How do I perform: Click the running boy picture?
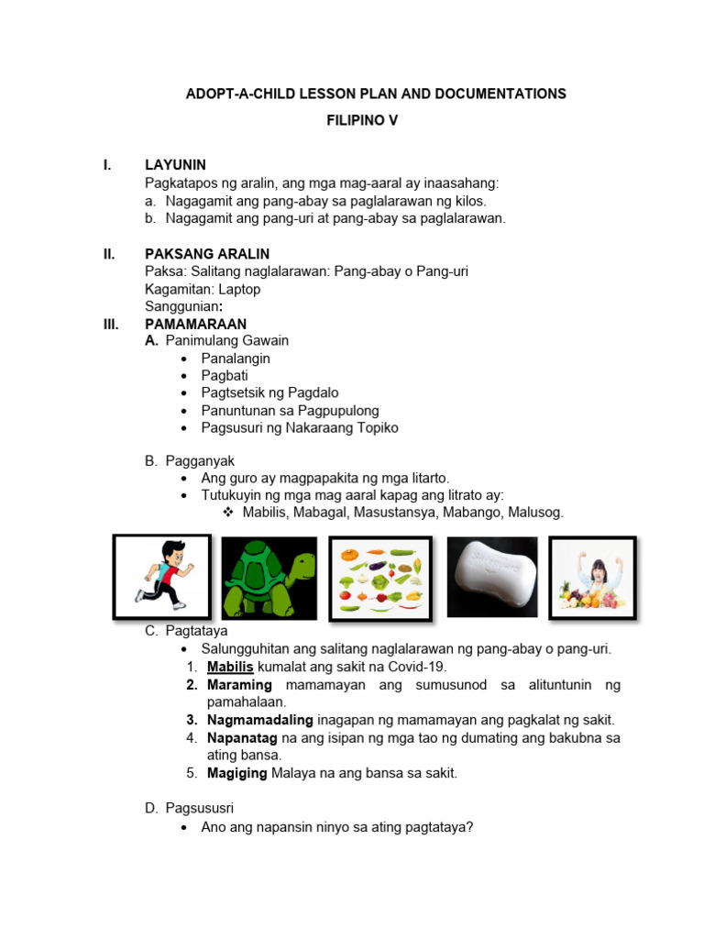[161, 577]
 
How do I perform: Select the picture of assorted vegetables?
[379, 577]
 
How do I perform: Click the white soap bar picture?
[491, 577]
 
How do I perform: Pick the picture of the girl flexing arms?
[591, 577]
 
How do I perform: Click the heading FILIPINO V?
[363, 119]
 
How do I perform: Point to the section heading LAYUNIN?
[175, 165]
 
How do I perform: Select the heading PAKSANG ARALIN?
[207, 253]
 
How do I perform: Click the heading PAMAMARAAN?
[195, 324]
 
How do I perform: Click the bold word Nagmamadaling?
[260, 720]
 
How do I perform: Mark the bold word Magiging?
[236, 773]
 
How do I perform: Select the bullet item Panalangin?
[236, 359]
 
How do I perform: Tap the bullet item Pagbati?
[225, 376]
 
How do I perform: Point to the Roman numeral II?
[108, 253]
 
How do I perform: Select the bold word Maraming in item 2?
[239, 685]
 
